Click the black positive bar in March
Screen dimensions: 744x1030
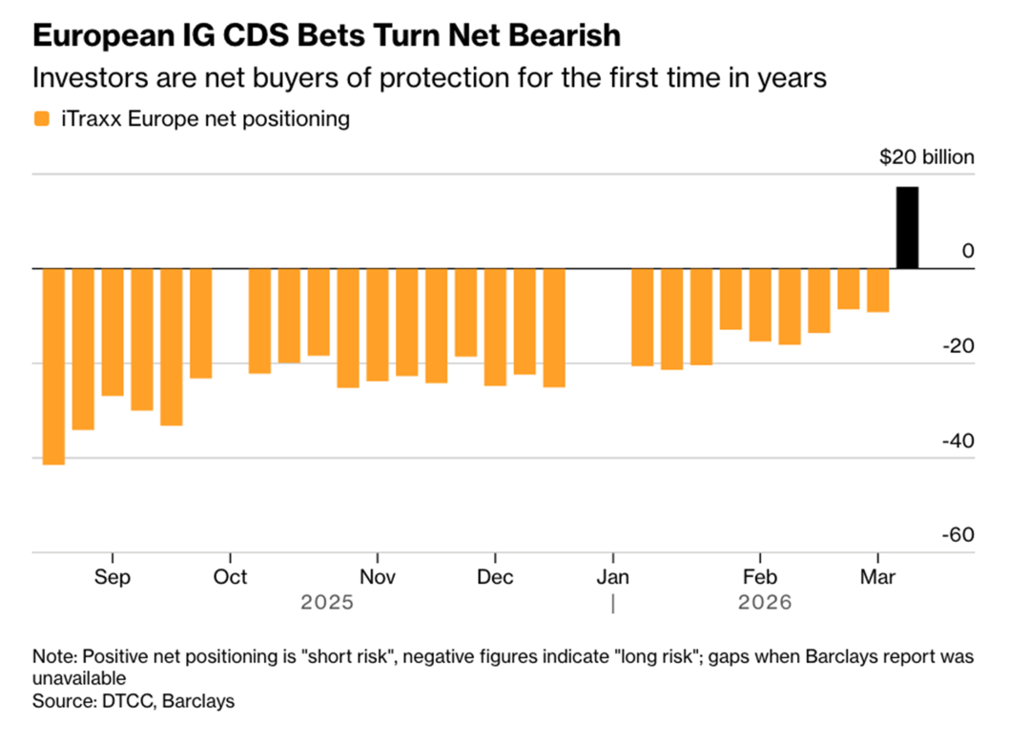907,228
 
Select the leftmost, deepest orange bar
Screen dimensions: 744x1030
53,366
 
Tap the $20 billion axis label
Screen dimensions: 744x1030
927,157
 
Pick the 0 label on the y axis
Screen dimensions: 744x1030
969,252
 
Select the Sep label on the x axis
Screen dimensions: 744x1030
113,577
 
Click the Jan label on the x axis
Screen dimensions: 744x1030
612,577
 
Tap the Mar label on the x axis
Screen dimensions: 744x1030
877,577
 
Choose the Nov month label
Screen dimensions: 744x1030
378,577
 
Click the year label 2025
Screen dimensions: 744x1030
327,603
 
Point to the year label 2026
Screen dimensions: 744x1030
765,603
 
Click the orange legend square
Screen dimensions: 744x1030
41,119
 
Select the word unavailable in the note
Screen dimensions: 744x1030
79,678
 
